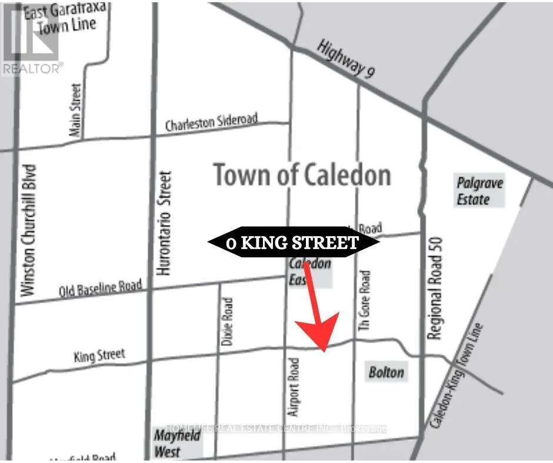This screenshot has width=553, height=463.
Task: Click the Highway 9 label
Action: (345, 59)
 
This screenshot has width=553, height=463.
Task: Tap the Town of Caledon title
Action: (302, 175)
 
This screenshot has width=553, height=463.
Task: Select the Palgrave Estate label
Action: (480, 191)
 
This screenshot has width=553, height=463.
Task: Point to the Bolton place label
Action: (386, 372)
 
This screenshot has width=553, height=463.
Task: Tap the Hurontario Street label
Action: (165, 223)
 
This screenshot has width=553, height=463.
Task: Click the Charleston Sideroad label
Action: (211, 122)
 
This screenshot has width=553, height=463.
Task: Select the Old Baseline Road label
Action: (101, 288)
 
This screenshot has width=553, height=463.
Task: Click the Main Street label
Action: (75, 110)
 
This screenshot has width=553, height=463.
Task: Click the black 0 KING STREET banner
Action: (292, 242)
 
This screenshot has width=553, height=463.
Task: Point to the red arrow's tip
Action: (323, 351)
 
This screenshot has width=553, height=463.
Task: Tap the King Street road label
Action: (99, 355)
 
